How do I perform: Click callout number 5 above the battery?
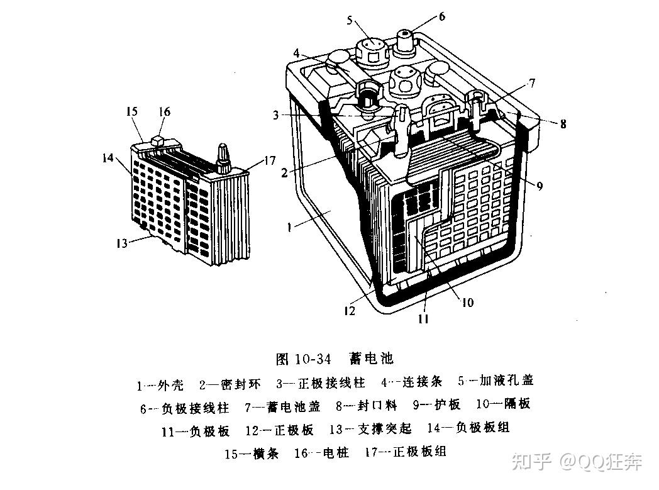350,20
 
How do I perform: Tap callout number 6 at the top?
441,16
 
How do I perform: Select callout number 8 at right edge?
563,125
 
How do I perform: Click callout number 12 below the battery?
350,310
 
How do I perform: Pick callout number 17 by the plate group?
269,161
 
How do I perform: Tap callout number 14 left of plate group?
109,158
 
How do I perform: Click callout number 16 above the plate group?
164,111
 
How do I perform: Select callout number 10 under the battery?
467,303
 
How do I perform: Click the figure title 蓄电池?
372,359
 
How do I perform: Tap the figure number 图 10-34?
304,360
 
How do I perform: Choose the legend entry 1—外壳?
161,384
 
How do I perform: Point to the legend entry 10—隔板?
504,404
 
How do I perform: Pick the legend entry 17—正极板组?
405,452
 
